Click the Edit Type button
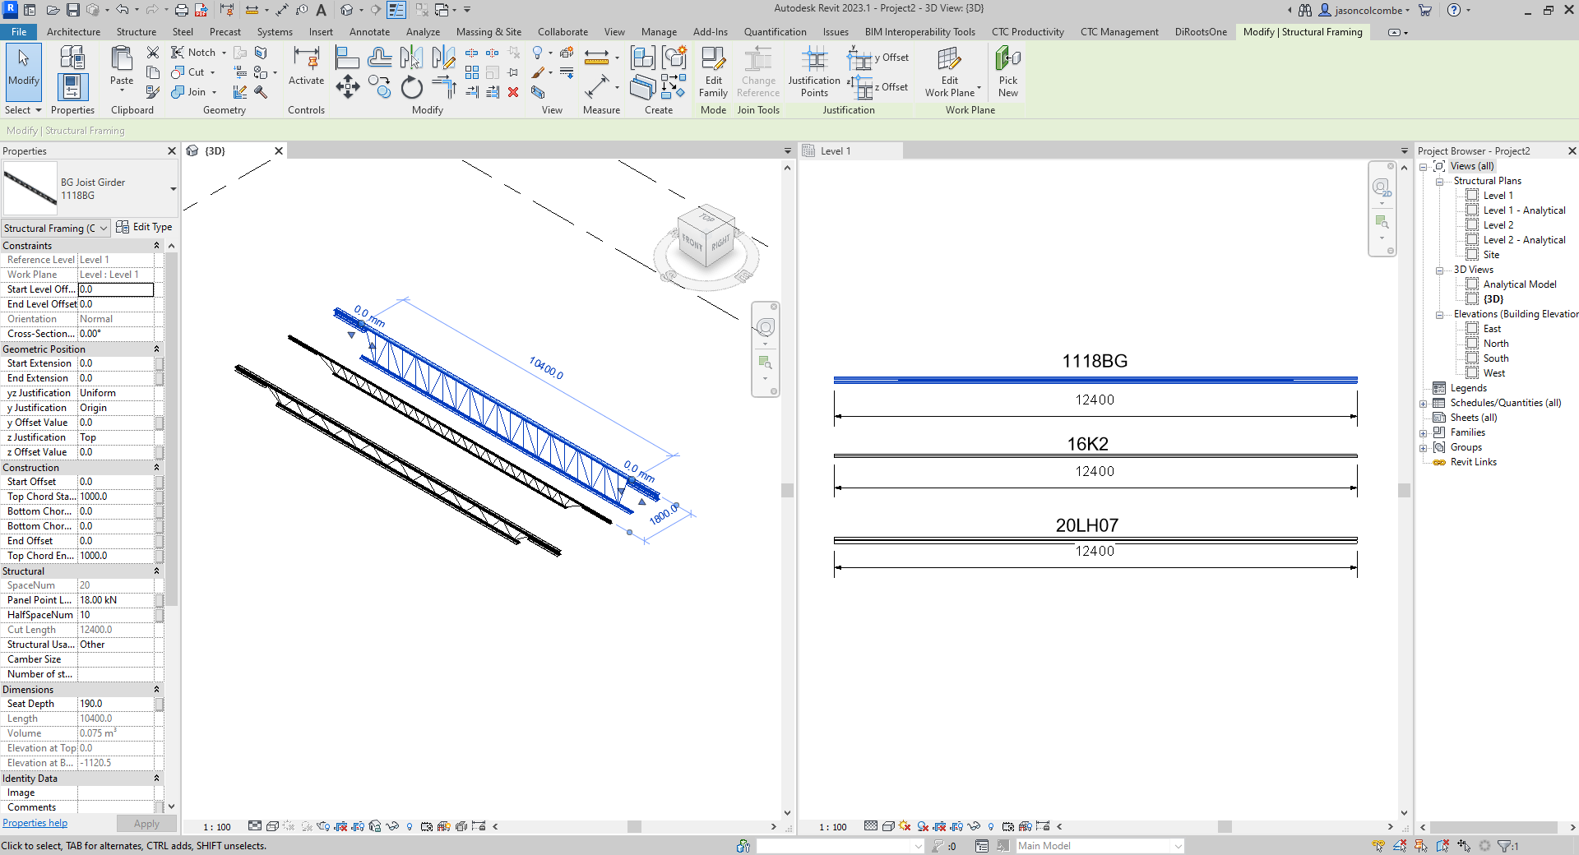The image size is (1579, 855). pos(145,227)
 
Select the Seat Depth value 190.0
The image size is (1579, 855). pos(115,704)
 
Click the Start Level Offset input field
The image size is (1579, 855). pos(115,289)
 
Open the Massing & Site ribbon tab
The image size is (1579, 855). pos(489,32)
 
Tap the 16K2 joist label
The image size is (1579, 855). pos(1087,444)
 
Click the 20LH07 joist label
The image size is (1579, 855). pos(1087,525)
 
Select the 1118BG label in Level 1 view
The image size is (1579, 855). pos(1095,361)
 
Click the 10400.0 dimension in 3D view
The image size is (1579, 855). pos(546,367)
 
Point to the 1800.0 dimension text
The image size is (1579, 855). pos(664,515)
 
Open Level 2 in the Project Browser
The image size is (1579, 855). pos(1498,225)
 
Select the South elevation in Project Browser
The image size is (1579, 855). pos(1495,358)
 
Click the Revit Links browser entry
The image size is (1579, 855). pos(1473,462)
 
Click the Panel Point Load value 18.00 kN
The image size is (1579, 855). pos(115,600)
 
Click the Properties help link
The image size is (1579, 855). pos(35,823)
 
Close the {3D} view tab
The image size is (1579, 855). pos(279,150)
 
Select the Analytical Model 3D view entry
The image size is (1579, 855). pos(1519,284)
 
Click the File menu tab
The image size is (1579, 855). pos(19,32)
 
